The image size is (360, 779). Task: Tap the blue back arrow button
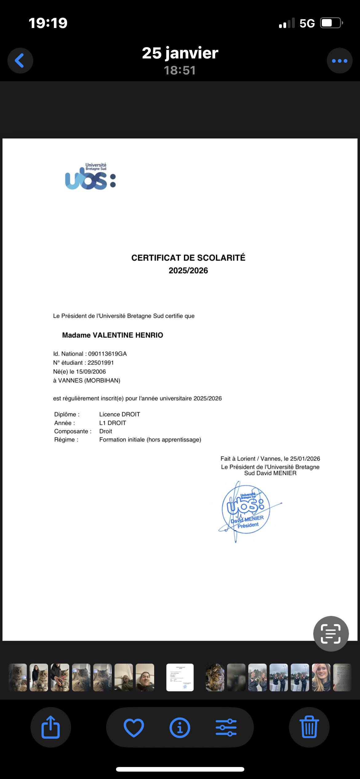[x=20, y=61]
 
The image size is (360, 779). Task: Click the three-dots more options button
[x=339, y=61]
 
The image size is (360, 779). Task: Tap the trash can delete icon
[x=309, y=727]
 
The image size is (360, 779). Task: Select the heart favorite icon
[x=134, y=728]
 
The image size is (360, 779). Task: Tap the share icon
[x=50, y=727]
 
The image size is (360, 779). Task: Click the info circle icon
[x=180, y=728]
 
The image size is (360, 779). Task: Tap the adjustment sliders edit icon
[x=226, y=728]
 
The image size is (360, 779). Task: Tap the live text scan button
[x=331, y=634]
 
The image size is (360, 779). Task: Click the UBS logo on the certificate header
[x=90, y=177]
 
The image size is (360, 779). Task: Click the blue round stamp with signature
[x=246, y=509]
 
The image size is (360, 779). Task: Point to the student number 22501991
[x=101, y=363]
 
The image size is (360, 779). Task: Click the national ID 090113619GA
[x=107, y=354]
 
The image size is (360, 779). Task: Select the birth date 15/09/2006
[x=91, y=372]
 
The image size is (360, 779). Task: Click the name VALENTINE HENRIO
[x=128, y=335]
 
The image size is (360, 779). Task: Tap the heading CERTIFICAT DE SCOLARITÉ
[x=188, y=258]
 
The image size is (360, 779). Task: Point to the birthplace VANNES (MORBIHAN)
[x=89, y=381]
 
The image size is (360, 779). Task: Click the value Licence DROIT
[x=119, y=414]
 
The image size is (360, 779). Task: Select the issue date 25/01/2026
[x=305, y=459]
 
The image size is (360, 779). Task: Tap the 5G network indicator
[x=307, y=23]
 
